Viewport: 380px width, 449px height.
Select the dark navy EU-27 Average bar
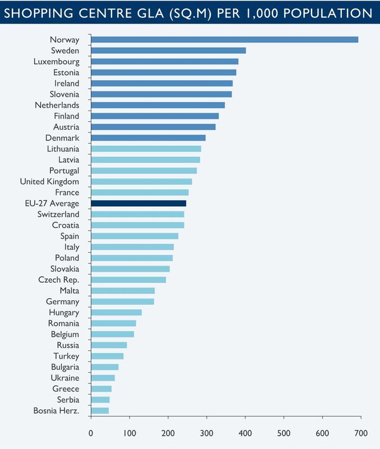click(x=138, y=203)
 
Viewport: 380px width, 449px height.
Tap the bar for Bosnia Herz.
click(x=100, y=410)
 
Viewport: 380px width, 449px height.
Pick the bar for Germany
click(x=122, y=301)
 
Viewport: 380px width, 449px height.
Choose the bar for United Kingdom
click(x=141, y=181)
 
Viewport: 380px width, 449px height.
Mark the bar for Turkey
click(x=107, y=356)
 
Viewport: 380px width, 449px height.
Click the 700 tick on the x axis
click(x=361, y=433)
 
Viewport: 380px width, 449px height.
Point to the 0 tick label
click(x=91, y=433)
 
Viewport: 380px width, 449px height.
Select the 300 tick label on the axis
click(x=207, y=433)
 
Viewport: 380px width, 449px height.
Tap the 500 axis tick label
click(x=284, y=433)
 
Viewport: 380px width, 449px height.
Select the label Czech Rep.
click(x=59, y=280)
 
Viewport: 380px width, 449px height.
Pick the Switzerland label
click(x=58, y=214)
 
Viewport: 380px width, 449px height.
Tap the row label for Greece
click(x=66, y=388)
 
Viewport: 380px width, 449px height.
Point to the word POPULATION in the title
click(x=330, y=12)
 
